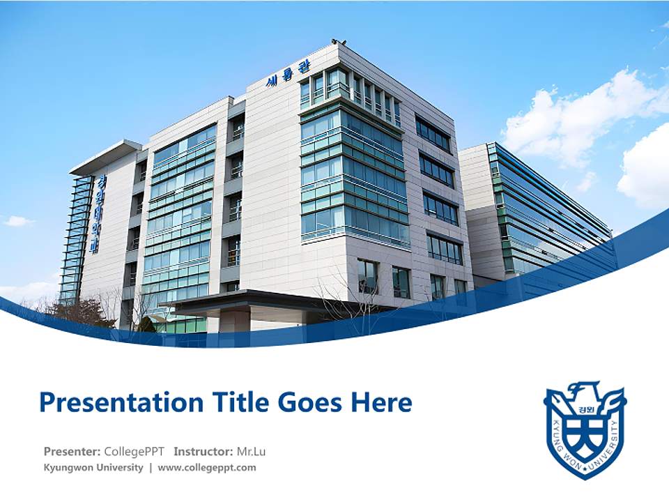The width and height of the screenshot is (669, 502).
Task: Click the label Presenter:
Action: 72,451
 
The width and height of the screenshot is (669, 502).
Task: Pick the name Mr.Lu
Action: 251,451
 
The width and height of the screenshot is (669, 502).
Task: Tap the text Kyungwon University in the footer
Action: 93,467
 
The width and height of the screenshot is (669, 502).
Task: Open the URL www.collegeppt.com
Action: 207,467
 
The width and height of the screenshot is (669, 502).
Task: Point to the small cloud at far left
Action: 17,221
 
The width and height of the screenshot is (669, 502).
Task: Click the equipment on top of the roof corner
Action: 339,43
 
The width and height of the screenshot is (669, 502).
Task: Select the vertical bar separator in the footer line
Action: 151,467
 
